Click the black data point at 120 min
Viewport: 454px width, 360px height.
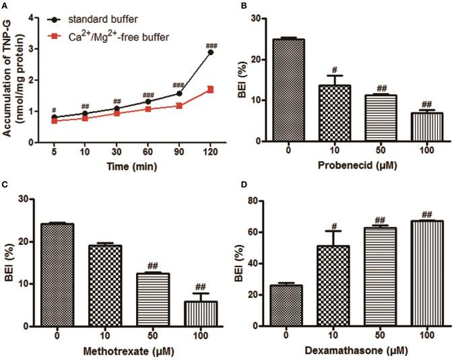211,52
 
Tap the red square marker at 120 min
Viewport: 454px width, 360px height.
211,89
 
